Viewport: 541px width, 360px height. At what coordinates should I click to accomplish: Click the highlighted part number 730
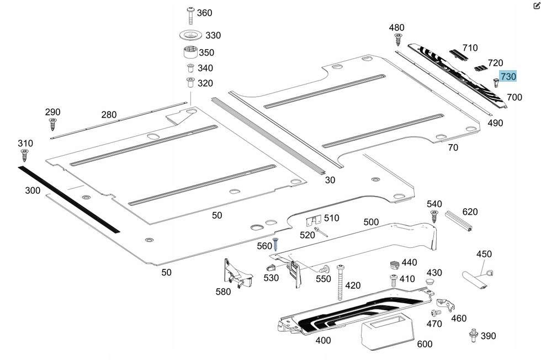coord(508,76)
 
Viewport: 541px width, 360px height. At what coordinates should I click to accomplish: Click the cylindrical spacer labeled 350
coord(190,54)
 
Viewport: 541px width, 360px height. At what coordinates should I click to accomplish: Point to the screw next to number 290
coord(53,124)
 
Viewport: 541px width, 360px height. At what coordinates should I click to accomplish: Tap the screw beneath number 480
coord(397,39)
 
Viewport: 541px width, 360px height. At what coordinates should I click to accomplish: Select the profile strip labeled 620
coord(458,221)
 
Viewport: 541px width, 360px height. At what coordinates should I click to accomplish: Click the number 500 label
coord(371,222)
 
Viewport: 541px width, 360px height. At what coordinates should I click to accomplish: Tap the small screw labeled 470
coord(434,314)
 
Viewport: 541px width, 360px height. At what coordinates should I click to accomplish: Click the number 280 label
coord(109,115)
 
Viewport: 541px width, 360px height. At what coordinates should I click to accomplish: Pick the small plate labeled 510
coord(313,221)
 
